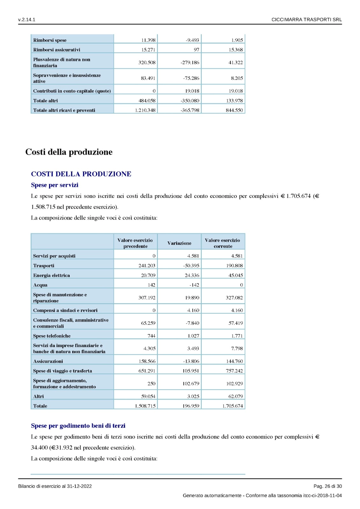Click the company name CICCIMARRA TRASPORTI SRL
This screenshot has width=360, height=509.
[x=307, y=20]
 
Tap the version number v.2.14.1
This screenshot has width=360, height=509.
[x=27, y=20]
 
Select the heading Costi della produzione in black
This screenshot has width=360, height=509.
[x=69, y=152]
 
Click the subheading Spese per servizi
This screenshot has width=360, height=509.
[x=54, y=185]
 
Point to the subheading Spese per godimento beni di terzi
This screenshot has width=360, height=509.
[x=78, y=426]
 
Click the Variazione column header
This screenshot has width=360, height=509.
[x=179, y=243]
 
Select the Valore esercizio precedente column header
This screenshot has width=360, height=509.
[x=135, y=243]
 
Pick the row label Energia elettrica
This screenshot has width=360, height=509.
[x=51, y=275]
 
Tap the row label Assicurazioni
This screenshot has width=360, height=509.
[x=48, y=361]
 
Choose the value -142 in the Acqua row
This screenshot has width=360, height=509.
[x=194, y=285]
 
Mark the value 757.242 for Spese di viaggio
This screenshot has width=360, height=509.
[x=234, y=371]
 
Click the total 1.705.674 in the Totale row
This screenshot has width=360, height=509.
[x=232, y=406]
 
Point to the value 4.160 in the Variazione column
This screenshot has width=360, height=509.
[x=193, y=310]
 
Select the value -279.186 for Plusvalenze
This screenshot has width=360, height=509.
[x=190, y=63]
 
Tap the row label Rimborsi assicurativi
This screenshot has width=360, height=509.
[x=57, y=50]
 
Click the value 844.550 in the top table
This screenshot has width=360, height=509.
[x=234, y=110]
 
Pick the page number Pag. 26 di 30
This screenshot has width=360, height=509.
[x=328, y=486]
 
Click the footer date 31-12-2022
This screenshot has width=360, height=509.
[x=79, y=486]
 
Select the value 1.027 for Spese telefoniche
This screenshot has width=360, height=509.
[x=193, y=336]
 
